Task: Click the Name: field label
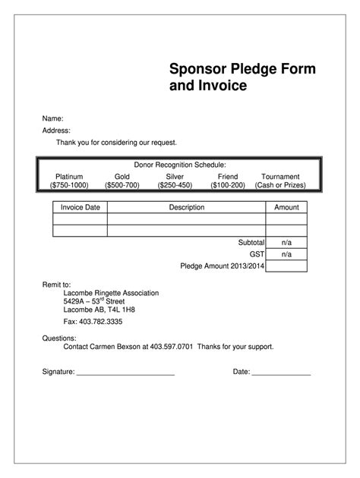(52, 118)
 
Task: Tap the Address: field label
(55, 131)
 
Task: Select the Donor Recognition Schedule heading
(180, 165)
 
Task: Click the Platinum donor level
(69, 176)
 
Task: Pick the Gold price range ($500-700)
(122, 185)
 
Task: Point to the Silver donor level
(175, 176)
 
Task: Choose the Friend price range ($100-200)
(228, 185)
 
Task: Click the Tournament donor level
(280, 176)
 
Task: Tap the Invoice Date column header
(80, 207)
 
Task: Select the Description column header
(186, 207)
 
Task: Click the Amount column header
(286, 207)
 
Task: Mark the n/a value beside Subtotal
(286, 242)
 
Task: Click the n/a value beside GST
(286, 254)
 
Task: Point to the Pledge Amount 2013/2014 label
(222, 266)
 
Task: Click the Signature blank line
(125, 374)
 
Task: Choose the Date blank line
(281, 374)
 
